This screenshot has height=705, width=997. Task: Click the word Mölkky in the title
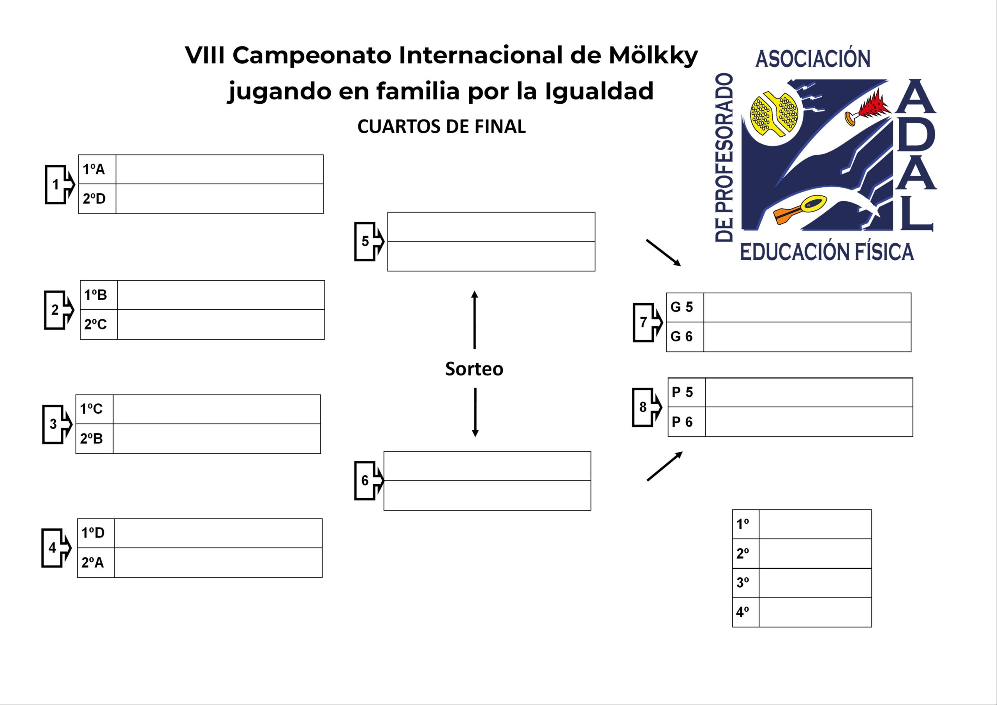coord(653,56)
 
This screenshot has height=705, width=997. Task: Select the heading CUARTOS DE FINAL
coord(441,127)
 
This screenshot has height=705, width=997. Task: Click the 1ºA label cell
coord(97,169)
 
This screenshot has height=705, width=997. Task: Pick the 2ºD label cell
coord(97,199)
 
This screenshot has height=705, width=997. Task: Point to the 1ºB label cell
coord(98,295)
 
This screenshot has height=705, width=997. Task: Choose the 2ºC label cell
coord(98,324)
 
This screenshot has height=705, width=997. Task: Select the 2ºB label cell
coord(94,439)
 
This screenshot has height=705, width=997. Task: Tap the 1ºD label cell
coord(95,533)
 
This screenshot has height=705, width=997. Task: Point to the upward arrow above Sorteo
coord(475,319)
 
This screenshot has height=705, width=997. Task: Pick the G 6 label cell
coord(684,337)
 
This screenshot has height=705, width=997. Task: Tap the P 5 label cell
coord(686,392)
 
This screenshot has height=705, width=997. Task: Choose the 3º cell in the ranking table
coord(745,583)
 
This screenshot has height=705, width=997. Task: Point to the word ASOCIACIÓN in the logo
coord(813,59)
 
